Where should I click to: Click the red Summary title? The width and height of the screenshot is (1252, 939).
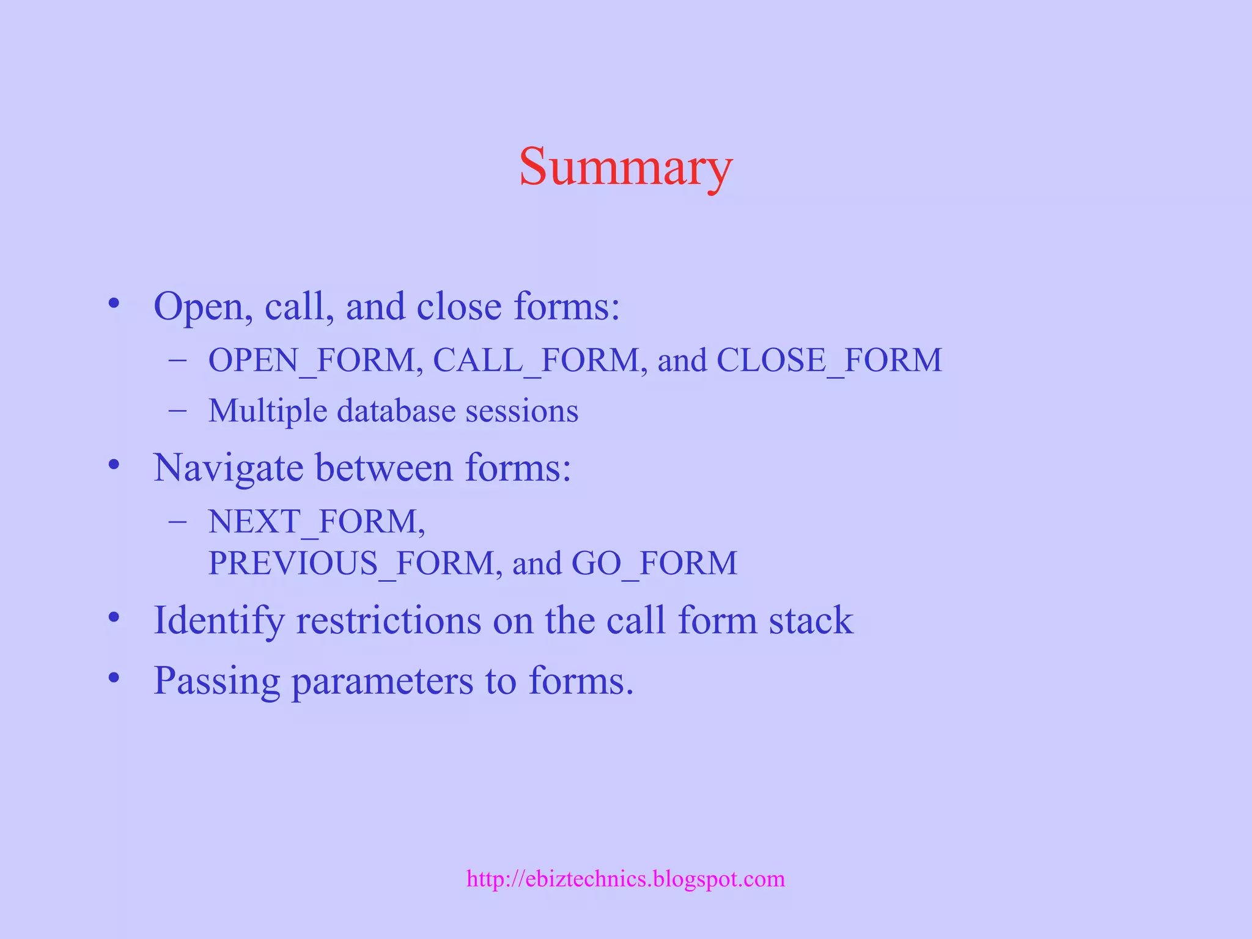625,166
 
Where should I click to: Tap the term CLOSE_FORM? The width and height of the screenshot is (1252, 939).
829,360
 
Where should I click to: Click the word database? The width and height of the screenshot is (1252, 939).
396,411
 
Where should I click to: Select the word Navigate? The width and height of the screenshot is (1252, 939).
228,468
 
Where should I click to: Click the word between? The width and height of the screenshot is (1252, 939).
384,468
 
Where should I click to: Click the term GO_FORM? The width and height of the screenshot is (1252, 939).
654,563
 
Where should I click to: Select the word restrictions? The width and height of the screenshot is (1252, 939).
389,620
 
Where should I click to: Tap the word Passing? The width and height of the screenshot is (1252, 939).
216,681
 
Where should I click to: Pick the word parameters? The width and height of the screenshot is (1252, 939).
382,681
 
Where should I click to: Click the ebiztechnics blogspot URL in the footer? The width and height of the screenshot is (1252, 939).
625,879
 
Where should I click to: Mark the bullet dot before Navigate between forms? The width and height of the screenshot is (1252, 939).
114,466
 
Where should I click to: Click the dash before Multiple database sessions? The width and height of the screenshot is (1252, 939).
177,411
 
